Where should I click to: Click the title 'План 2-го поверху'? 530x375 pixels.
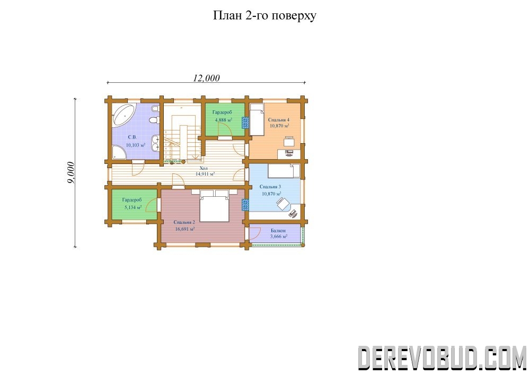[x=264, y=16]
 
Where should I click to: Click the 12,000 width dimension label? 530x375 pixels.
[x=206, y=78]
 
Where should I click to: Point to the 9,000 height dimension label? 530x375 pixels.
[x=70, y=173]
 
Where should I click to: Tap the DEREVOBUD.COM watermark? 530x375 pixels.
[x=442, y=357]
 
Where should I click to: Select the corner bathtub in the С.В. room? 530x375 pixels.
[x=123, y=115]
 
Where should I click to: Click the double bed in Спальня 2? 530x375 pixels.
[x=214, y=206]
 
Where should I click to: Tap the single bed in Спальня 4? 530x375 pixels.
[x=257, y=120]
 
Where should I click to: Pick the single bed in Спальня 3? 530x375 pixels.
[x=284, y=171]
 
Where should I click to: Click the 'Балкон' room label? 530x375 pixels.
[x=278, y=231]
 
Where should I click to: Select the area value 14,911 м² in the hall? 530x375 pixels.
[x=205, y=174]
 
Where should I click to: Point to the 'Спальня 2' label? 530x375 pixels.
[x=184, y=222]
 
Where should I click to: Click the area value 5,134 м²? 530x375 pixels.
[x=133, y=207]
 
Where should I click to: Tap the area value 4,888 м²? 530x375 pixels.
[x=224, y=120]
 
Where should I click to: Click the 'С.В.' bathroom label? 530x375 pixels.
[x=132, y=137]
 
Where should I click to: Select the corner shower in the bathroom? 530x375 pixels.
[x=119, y=153]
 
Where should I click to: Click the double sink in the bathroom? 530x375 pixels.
[x=155, y=143]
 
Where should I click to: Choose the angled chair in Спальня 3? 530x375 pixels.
[x=281, y=203]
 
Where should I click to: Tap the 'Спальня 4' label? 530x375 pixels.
[x=279, y=120]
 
